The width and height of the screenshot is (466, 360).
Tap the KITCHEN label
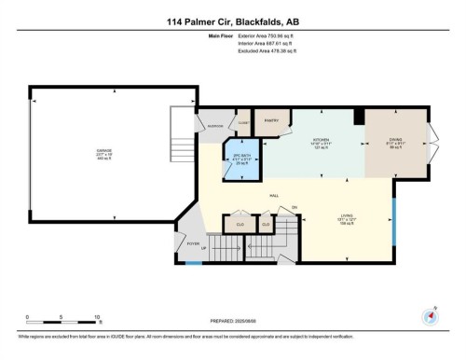(322, 142)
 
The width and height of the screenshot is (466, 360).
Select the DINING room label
(395, 142)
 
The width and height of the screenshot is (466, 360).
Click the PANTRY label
(273, 121)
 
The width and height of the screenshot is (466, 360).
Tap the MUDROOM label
(212, 125)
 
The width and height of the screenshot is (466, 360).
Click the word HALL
(274, 196)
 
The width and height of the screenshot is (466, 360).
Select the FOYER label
(194, 243)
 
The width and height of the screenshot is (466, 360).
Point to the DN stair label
(294, 206)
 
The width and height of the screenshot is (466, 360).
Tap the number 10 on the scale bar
(97, 318)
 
